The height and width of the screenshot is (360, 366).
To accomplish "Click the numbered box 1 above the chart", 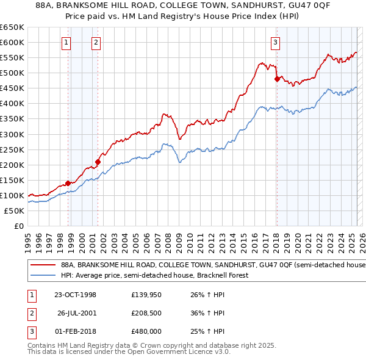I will pyautogui.click(x=65, y=42).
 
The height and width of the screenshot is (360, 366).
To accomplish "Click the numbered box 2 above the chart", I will pyautogui.click(x=96, y=42).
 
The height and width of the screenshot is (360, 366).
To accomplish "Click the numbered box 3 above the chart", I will pyautogui.click(x=276, y=42).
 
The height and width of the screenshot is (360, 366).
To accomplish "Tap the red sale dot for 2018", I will pyautogui.click(x=277, y=79).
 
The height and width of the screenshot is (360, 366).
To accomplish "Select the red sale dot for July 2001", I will pyautogui.click(x=98, y=162).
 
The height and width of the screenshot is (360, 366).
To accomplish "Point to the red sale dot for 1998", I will pyautogui.click(x=68, y=183).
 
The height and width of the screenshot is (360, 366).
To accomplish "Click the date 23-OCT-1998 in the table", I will pyautogui.click(x=75, y=295).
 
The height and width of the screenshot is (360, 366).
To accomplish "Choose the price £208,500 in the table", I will pyautogui.click(x=146, y=313).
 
